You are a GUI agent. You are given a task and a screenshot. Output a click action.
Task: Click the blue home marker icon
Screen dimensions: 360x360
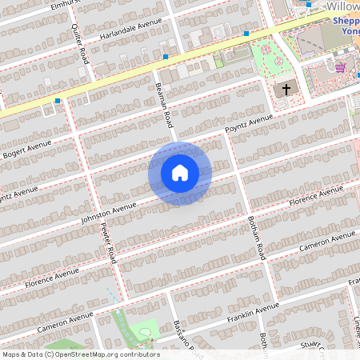coord(180,173)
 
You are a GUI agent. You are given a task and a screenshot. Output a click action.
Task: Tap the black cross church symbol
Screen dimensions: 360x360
coord(283,90)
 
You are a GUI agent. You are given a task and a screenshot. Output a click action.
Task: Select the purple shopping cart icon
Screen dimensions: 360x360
coord(340,67)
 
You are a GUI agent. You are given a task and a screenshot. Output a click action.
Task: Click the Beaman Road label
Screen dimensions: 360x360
coord(165,106)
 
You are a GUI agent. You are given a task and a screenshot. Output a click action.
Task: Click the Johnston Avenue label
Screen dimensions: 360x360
coord(109,212)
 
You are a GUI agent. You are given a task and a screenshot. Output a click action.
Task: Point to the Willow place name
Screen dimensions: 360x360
coord(342,6)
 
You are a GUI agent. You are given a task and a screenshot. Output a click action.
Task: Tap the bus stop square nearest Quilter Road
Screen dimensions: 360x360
coord(58,101)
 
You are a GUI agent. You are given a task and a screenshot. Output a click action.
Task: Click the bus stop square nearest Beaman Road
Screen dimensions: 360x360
coord(166,57)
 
